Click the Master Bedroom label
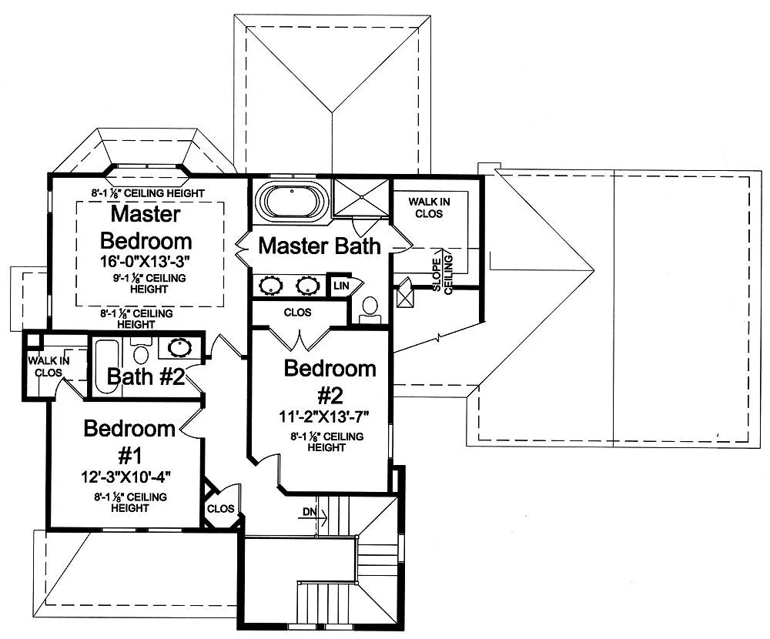(146, 226)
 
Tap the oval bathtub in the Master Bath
(286, 201)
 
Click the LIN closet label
(340, 286)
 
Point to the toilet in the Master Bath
(370, 307)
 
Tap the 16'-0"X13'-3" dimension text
(146, 262)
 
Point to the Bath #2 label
(145, 377)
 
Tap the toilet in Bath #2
(141, 354)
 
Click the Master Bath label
(319, 246)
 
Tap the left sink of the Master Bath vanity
(271, 286)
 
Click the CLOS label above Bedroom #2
(297, 313)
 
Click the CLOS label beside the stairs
(220, 509)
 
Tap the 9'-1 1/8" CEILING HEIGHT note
(146, 283)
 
